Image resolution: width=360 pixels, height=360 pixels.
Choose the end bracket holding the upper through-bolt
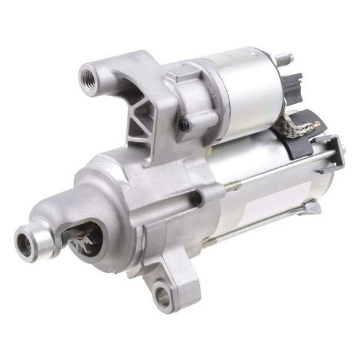[332, 150]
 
